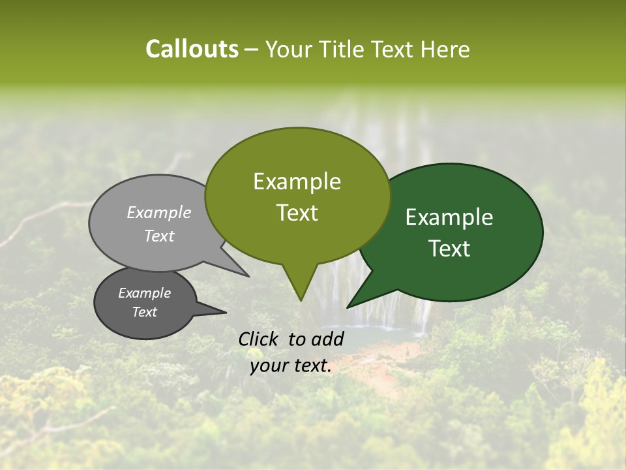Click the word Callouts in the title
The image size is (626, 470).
[x=192, y=49]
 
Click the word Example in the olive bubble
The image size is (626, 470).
[x=297, y=181]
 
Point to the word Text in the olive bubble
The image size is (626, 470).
[x=297, y=213]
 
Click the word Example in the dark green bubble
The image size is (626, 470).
[x=449, y=217]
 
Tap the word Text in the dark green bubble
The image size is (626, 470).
[x=449, y=249]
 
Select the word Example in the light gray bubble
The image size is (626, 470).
[x=159, y=212]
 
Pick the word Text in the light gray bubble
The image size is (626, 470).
[x=159, y=236]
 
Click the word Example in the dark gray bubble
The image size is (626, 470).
[x=144, y=293]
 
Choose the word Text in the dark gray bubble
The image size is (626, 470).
[x=144, y=312]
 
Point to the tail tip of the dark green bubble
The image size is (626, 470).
[x=352, y=304]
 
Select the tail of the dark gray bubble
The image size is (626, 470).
[x=215, y=311]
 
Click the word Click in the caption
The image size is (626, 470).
[x=259, y=339]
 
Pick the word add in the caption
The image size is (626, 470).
[x=328, y=339]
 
